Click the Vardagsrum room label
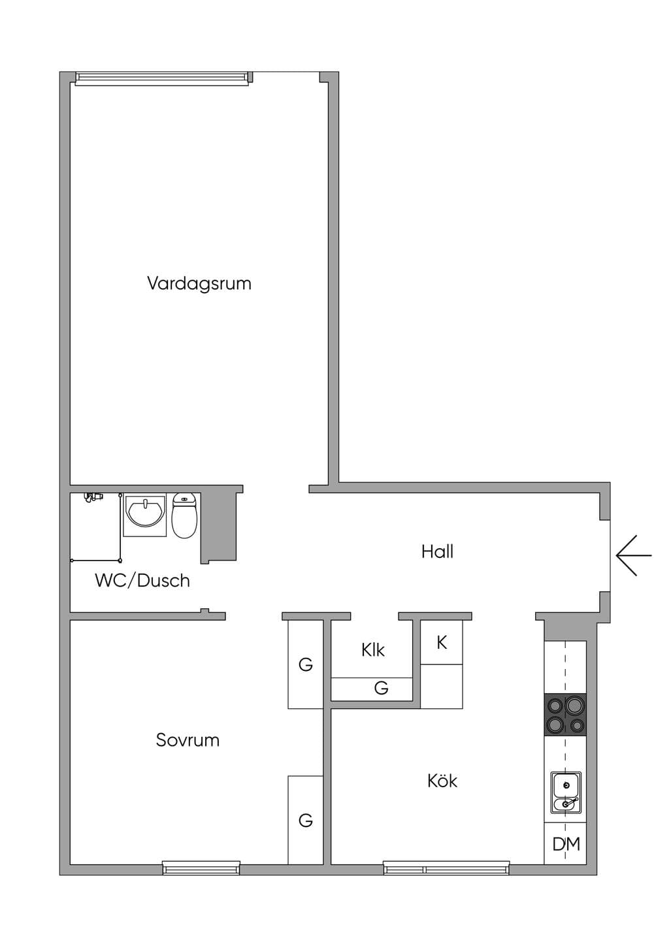click(199, 284)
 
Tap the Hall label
click(437, 552)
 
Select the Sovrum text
click(188, 740)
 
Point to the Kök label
click(442, 781)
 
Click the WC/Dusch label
click(142, 581)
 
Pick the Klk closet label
click(373, 651)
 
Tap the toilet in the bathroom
click(185, 515)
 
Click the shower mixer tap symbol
click(93, 497)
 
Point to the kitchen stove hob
click(565, 715)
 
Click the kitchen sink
click(566, 792)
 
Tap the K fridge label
click(442, 643)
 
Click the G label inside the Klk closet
click(381, 689)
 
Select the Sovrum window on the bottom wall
click(201, 868)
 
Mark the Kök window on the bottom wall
click(446, 868)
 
